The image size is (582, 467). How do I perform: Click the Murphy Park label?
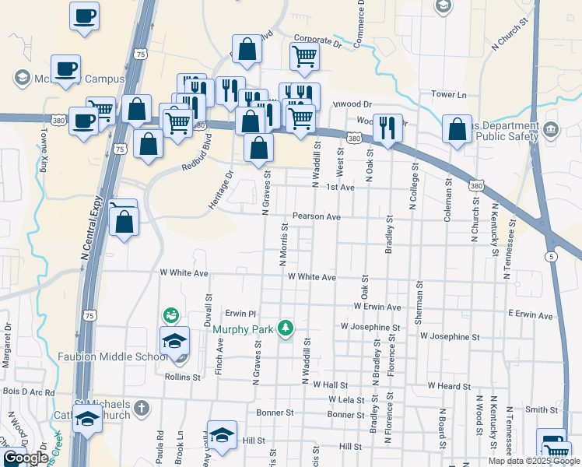(x=243, y=328)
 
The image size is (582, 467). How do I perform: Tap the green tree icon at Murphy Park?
(x=286, y=328)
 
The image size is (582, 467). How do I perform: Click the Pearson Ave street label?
(x=317, y=216)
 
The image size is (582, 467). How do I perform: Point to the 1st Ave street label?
(x=340, y=188)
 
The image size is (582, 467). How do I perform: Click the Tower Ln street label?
(x=449, y=95)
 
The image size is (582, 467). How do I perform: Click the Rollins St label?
(x=182, y=376)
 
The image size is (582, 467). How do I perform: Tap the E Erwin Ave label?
(x=529, y=315)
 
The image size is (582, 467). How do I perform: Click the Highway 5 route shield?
(x=551, y=256)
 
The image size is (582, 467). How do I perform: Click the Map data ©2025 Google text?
(x=533, y=461)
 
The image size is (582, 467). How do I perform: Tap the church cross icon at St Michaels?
(x=141, y=407)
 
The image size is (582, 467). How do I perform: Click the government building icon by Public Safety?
(x=551, y=128)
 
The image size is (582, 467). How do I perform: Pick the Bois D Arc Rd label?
(x=29, y=392)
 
